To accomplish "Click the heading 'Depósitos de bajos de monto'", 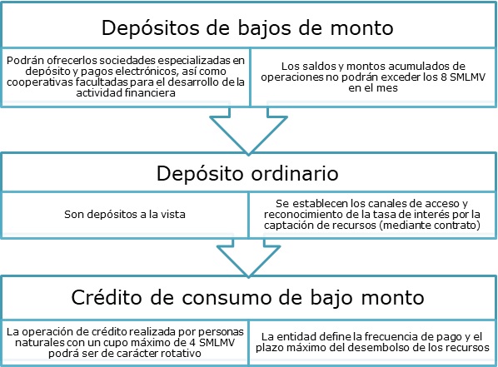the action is (247, 28).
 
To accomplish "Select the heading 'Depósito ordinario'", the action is (247, 174).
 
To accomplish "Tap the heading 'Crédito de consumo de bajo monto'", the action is (247, 297).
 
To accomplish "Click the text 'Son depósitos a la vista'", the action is (125, 215).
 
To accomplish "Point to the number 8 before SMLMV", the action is (444, 77).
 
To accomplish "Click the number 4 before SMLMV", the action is (193, 343).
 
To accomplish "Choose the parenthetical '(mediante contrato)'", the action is (431, 225).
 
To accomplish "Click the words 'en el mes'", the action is (373, 87).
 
